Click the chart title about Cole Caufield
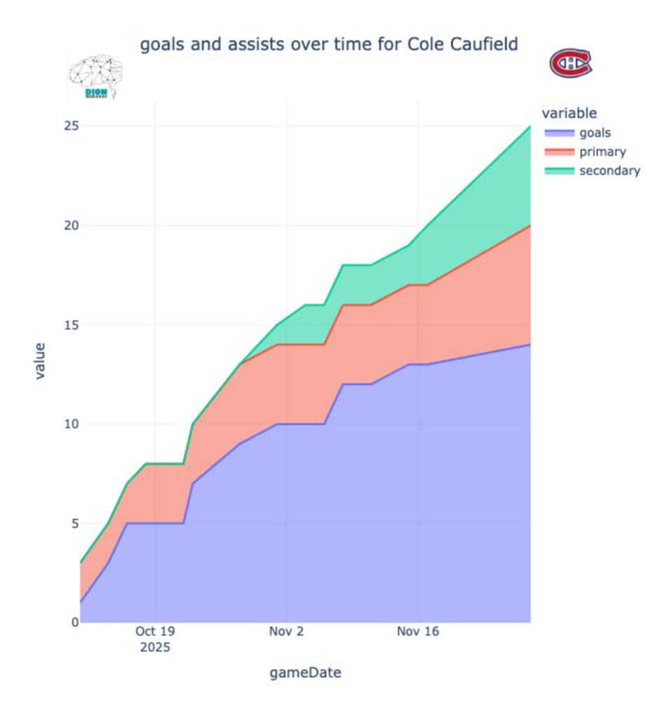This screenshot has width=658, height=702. click(x=329, y=45)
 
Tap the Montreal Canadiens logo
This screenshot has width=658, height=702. click(x=570, y=63)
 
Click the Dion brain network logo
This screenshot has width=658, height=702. click(x=95, y=77)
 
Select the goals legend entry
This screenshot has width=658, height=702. click(x=594, y=132)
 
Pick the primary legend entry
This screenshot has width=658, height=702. click(x=602, y=151)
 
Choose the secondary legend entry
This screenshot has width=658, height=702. click(x=609, y=170)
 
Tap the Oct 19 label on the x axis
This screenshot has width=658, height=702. click(x=155, y=632)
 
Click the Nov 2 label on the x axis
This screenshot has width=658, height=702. click(x=286, y=632)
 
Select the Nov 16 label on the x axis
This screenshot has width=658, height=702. click(x=418, y=632)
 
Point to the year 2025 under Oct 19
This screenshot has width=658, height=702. click(x=155, y=647)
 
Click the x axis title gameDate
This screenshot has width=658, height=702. click(x=305, y=673)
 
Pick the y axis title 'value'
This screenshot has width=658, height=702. click(x=40, y=361)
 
